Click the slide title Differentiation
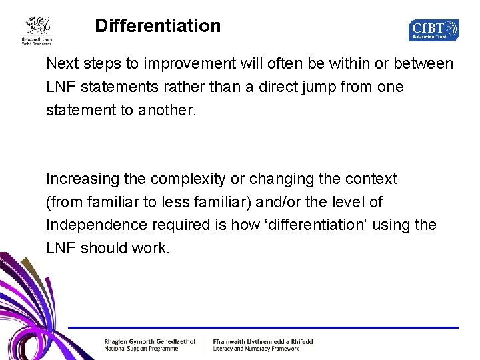pyautogui.click(x=157, y=26)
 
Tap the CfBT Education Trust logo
pyautogui.click(x=433, y=29)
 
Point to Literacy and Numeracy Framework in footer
pyautogui.click(x=256, y=349)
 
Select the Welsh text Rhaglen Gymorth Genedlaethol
pyautogui.click(x=149, y=341)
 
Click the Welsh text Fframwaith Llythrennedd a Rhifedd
pyautogui.click(x=263, y=341)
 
